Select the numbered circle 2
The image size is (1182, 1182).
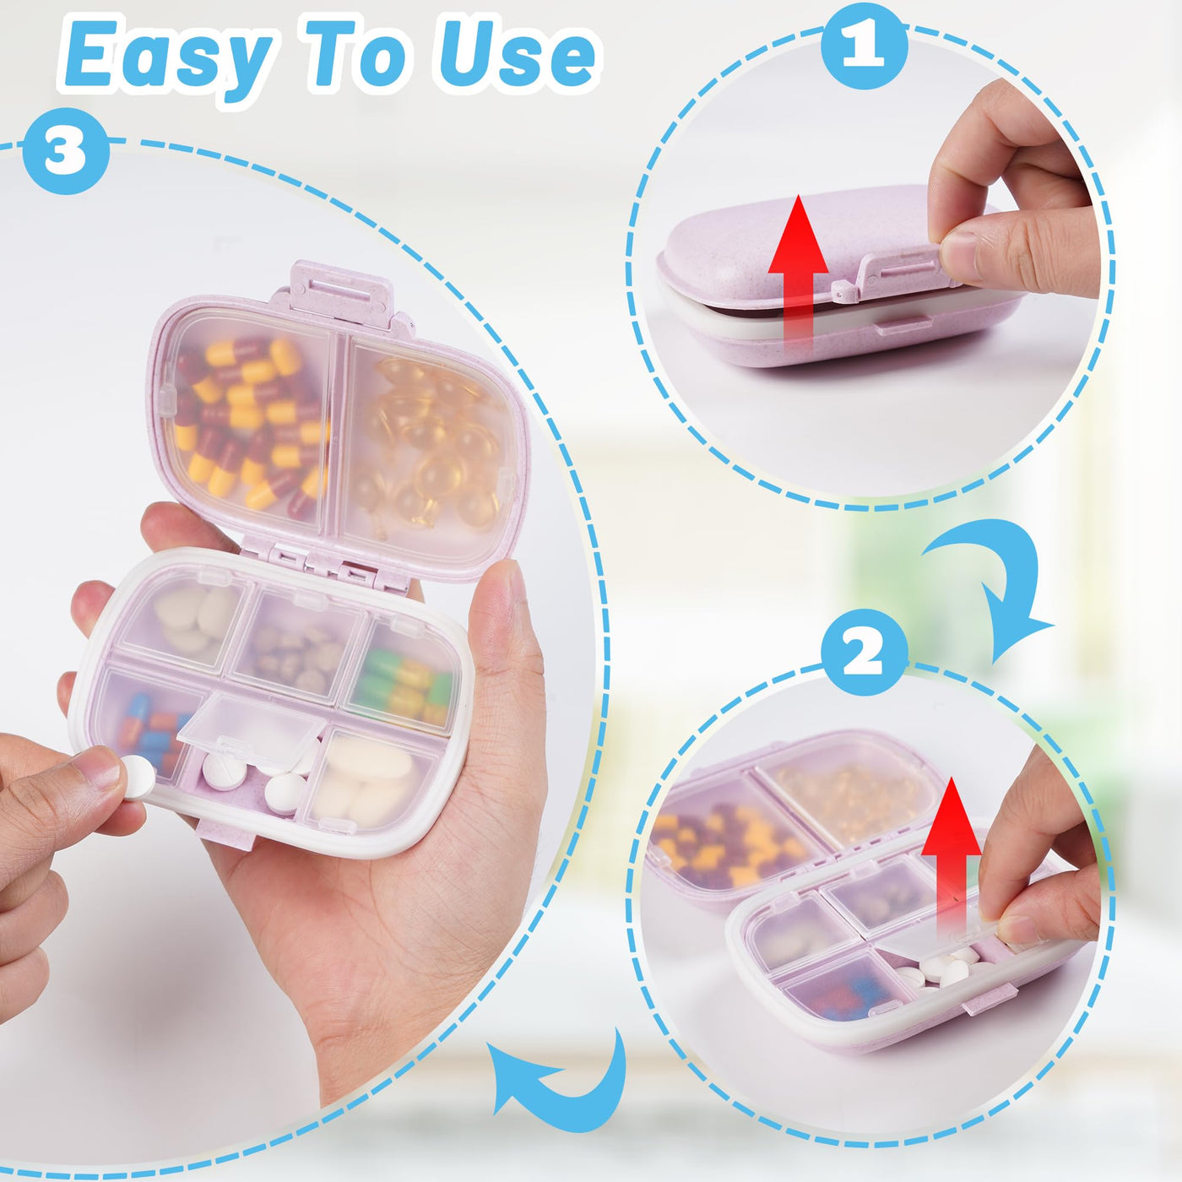point(865,653)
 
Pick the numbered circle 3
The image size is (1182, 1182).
point(66,150)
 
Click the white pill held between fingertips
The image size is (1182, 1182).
point(139,777)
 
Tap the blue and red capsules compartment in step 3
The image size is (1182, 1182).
point(150,724)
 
